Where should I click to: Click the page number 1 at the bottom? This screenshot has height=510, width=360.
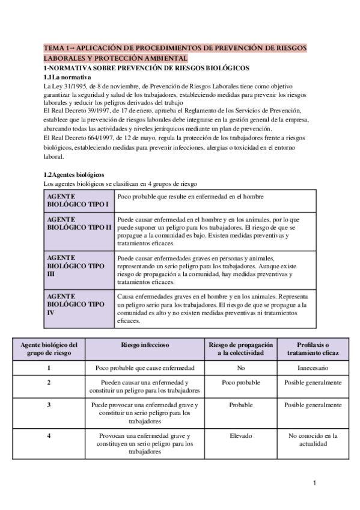coord(314,482)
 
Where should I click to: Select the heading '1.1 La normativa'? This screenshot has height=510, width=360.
coord(67,78)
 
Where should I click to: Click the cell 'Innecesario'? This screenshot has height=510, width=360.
coord(313,367)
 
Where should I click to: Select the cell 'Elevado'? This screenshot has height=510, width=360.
coord(240,435)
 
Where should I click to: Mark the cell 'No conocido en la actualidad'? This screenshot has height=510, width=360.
coord(313,440)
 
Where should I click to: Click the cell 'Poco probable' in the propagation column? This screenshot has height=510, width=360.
coord(240,382)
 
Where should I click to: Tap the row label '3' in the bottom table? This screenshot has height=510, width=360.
coord(49,405)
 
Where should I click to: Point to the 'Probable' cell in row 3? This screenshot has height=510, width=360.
coord(240,405)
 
